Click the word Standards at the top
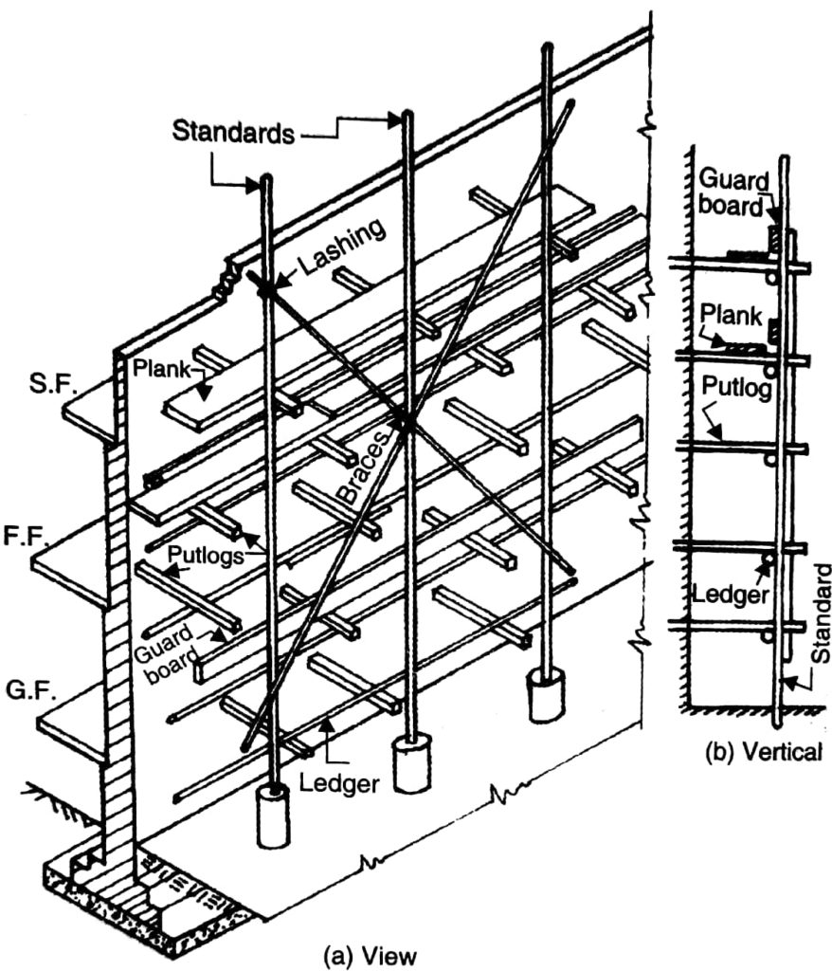pyautogui.click(x=233, y=132)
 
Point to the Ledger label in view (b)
pyautogui.click(x=732, y=593)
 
